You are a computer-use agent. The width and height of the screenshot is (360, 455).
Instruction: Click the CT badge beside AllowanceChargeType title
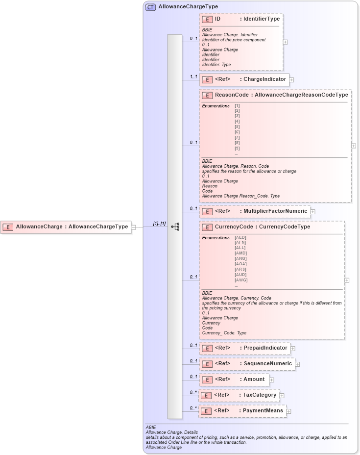coord(150,7)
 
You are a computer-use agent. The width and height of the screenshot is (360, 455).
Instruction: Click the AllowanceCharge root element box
coord(66,227)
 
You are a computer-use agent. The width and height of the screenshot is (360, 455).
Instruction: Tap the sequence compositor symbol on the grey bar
coord(175,227)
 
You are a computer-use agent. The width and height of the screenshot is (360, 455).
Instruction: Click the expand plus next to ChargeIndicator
coord(291,79)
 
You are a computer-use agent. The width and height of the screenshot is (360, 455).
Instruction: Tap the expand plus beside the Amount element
coord(271,379)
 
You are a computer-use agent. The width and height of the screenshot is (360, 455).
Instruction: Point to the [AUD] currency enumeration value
coord(240,275)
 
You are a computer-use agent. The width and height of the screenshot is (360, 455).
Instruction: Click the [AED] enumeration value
coord(240,237)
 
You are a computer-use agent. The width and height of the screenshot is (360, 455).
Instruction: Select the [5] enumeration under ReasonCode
coord(237,126)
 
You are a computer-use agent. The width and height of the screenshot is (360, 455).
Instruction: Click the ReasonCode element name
coord(232,95)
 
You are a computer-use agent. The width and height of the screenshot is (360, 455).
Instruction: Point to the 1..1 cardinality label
coord(193,77)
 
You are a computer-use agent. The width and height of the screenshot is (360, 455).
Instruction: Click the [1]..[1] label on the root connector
coord(159,224)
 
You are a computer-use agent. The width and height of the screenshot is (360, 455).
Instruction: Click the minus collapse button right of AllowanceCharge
coord(134,227)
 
